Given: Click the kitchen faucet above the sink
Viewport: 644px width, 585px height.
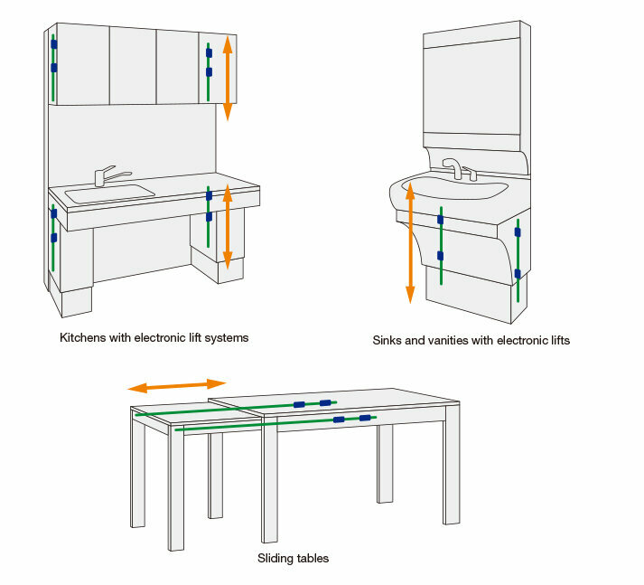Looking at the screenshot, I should point(107,174).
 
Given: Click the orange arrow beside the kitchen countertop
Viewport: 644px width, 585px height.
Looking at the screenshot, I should point(228,226).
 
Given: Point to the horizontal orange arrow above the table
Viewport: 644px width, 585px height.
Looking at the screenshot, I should point(176,385).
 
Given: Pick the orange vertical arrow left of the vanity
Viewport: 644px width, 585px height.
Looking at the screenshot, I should point(410,242).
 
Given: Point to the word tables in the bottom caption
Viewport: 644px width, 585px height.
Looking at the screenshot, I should point(313,559).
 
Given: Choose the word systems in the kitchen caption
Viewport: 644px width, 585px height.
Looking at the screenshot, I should point(226,338).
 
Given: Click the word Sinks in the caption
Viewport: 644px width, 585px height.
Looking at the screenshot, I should point(387,342).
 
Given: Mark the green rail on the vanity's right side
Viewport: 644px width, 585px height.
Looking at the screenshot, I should point(518,258).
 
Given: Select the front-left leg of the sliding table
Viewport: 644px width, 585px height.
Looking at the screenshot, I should point(175,493).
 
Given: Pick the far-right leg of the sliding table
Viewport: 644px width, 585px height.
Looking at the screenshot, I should point(452,470).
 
